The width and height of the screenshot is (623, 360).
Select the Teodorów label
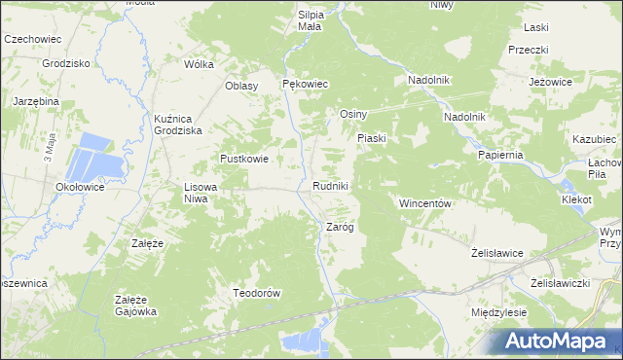(257, 293)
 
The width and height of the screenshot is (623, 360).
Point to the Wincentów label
(423, 203)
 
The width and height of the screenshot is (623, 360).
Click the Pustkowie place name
(244, 159)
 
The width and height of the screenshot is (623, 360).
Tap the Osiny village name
(351, 114)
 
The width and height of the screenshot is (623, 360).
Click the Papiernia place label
(501, 155)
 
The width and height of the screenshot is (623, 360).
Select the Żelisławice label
(497, 253)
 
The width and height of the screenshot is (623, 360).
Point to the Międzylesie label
(498, 313)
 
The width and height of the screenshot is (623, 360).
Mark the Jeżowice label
(549, 83)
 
